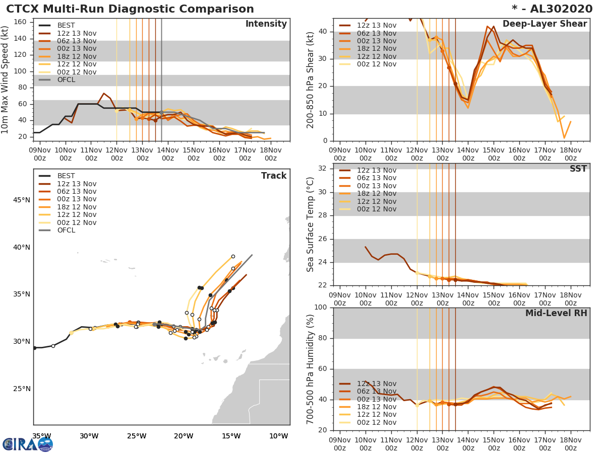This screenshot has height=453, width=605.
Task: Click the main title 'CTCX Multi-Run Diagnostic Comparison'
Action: (x=130, y=9)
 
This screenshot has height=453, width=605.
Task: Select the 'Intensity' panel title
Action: (x=266, y=24)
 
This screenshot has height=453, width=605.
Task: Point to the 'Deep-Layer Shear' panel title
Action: (x=544, y=24)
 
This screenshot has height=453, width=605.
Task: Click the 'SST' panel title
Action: (x=578, y=169)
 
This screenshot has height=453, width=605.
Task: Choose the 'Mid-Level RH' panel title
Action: (x=556, y=314)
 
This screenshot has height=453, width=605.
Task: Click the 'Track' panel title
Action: (x=274, y=176)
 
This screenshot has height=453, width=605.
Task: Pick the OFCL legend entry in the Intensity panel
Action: (x=66, y=80)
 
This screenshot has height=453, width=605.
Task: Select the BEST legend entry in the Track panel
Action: (x=66, y=176)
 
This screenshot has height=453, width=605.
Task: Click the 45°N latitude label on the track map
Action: (x=21, y=200)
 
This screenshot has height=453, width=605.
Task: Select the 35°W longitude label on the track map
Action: (x=41, y=436)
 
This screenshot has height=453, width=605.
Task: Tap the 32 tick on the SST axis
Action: (x=324, y=169)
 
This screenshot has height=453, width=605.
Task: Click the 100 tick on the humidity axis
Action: (x=322, y=307)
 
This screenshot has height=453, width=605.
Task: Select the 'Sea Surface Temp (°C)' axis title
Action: (x=311, y=224)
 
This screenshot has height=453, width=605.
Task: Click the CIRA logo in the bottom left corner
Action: (x=28, y=444)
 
